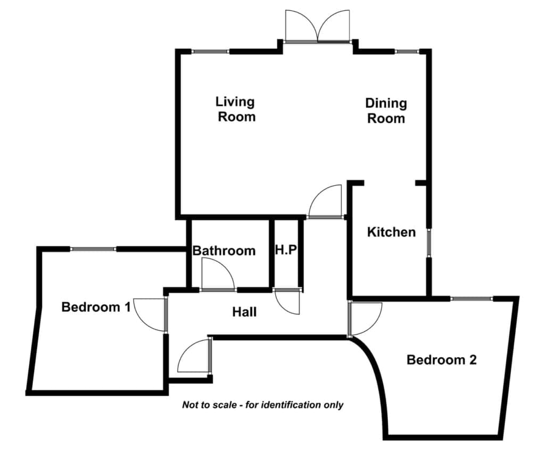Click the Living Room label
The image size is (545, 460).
(x=236, y=109)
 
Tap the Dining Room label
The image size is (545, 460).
(x=386, y=111)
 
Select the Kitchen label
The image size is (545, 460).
(x=391, y=232)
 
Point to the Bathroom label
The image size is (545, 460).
(x=224, y=250)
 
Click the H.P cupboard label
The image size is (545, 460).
(x=286, y=249)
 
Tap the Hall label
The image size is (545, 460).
(x=244, y=312)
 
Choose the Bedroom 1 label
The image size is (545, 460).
(x=96, y=307)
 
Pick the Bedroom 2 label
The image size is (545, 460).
(x=441, y=359)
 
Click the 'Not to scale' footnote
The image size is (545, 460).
(x=263, y=405)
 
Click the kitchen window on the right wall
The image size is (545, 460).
(x=429, y=243)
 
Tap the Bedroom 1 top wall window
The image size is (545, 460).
(x=93, y=249)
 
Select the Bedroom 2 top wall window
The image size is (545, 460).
(x=472, y=298)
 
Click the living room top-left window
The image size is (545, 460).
(x=210, y=52)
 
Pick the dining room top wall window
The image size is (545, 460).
(x=407, y=52)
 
